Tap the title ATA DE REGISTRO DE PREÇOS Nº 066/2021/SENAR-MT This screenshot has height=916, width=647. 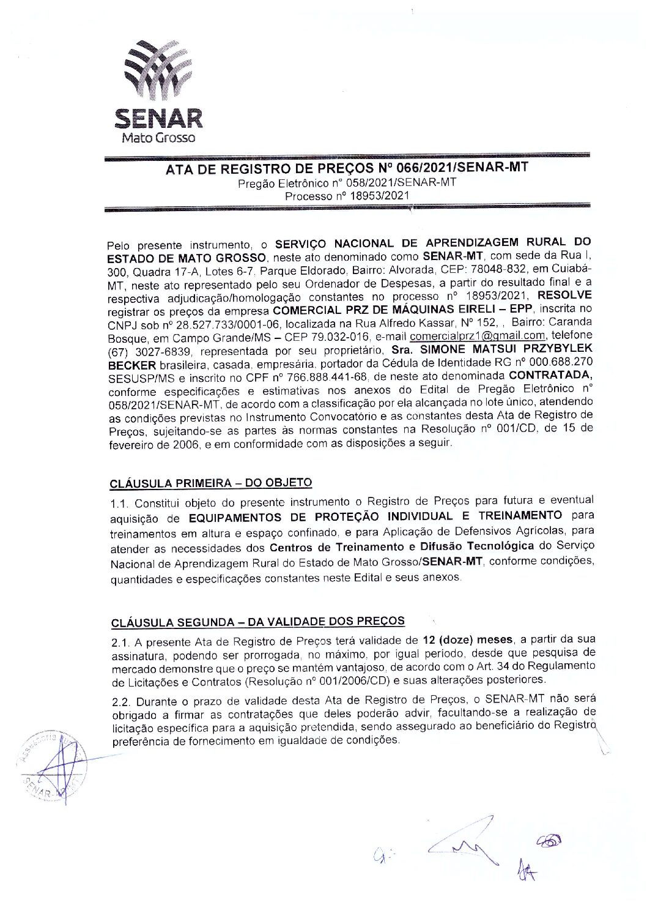point(347,168)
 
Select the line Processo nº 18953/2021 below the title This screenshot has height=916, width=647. point(347,196)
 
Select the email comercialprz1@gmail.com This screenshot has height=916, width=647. point(477,336)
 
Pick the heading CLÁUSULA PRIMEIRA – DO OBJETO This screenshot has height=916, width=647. point(211,483)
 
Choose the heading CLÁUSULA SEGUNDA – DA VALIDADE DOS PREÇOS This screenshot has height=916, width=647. point(257,622)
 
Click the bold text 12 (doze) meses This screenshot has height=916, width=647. point(468,640)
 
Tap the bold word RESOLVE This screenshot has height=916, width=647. point(564,297)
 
